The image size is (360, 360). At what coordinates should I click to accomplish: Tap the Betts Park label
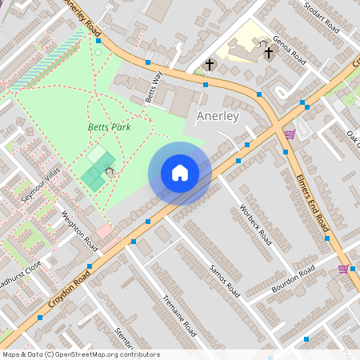pyautogui.click(x=109, y=126)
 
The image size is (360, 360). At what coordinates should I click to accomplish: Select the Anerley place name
pyautogui.click(x=217, y=116)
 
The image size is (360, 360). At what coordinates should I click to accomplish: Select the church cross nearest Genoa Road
pyautogui.click(x=268, y=54)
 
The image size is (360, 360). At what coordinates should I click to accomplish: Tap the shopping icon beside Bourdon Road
pyautogui.click(x=343, y=269)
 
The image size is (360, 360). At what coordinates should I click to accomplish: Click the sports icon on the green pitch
pyautogui.click(x=108, y=169)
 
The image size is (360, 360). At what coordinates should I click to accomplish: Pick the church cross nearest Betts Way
pyautogui.click(x=210, y=64)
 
